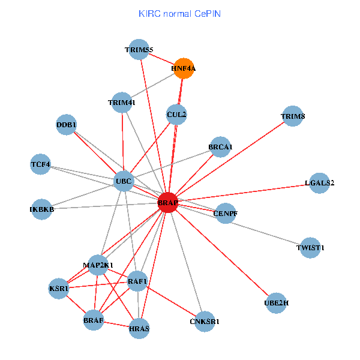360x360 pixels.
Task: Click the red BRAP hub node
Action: (x=168, y=203)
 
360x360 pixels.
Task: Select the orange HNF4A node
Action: (x=183, y=68)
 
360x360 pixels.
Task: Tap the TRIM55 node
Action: (x=139, y=50)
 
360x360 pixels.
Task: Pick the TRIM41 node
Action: (x=122, y=102)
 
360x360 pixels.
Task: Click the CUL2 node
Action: (x=176, y=114)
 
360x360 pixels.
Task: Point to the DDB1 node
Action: (x=66, y=125)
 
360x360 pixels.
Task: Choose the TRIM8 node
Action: (x=292, y=116)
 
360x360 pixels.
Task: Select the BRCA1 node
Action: (x=221, y=147)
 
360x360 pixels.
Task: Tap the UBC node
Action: (x=124, y=181)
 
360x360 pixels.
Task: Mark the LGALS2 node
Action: (x=319, y=183)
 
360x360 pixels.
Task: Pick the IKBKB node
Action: (x=41, y=209)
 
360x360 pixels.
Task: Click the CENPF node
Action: (x=225, y=213)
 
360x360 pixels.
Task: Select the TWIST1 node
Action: (x=310, y=247)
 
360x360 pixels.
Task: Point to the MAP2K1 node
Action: (x=98, y=265)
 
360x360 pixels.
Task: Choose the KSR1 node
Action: (x=59, y=289)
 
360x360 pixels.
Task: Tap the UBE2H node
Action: (x=276, y=304)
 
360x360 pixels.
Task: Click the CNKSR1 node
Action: (x=205, y=322)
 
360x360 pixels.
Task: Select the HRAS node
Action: (x=139, y=328)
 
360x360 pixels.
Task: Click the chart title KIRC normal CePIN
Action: (x=179, y=13)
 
